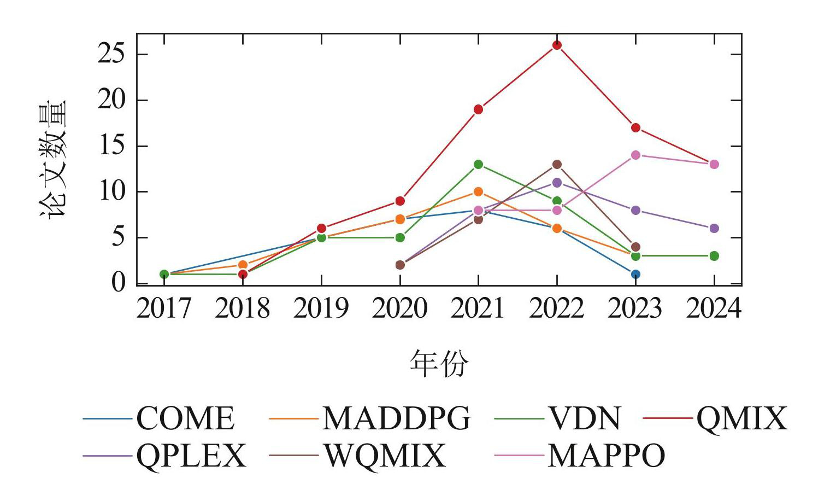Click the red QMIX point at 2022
coord(557,45)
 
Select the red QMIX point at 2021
coord(478,109)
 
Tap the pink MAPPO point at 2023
coord(635,155)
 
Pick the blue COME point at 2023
coord(635,274)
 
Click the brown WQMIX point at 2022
coord(557,164)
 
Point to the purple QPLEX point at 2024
coord(714,229)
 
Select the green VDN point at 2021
coord(478,164)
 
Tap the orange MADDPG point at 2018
coord(243,265)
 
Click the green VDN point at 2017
coord(164,274)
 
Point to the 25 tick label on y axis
coord(112,55)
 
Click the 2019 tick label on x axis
coord(321,308)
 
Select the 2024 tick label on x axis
coord(714,308)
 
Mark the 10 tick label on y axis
coord(112,192)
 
